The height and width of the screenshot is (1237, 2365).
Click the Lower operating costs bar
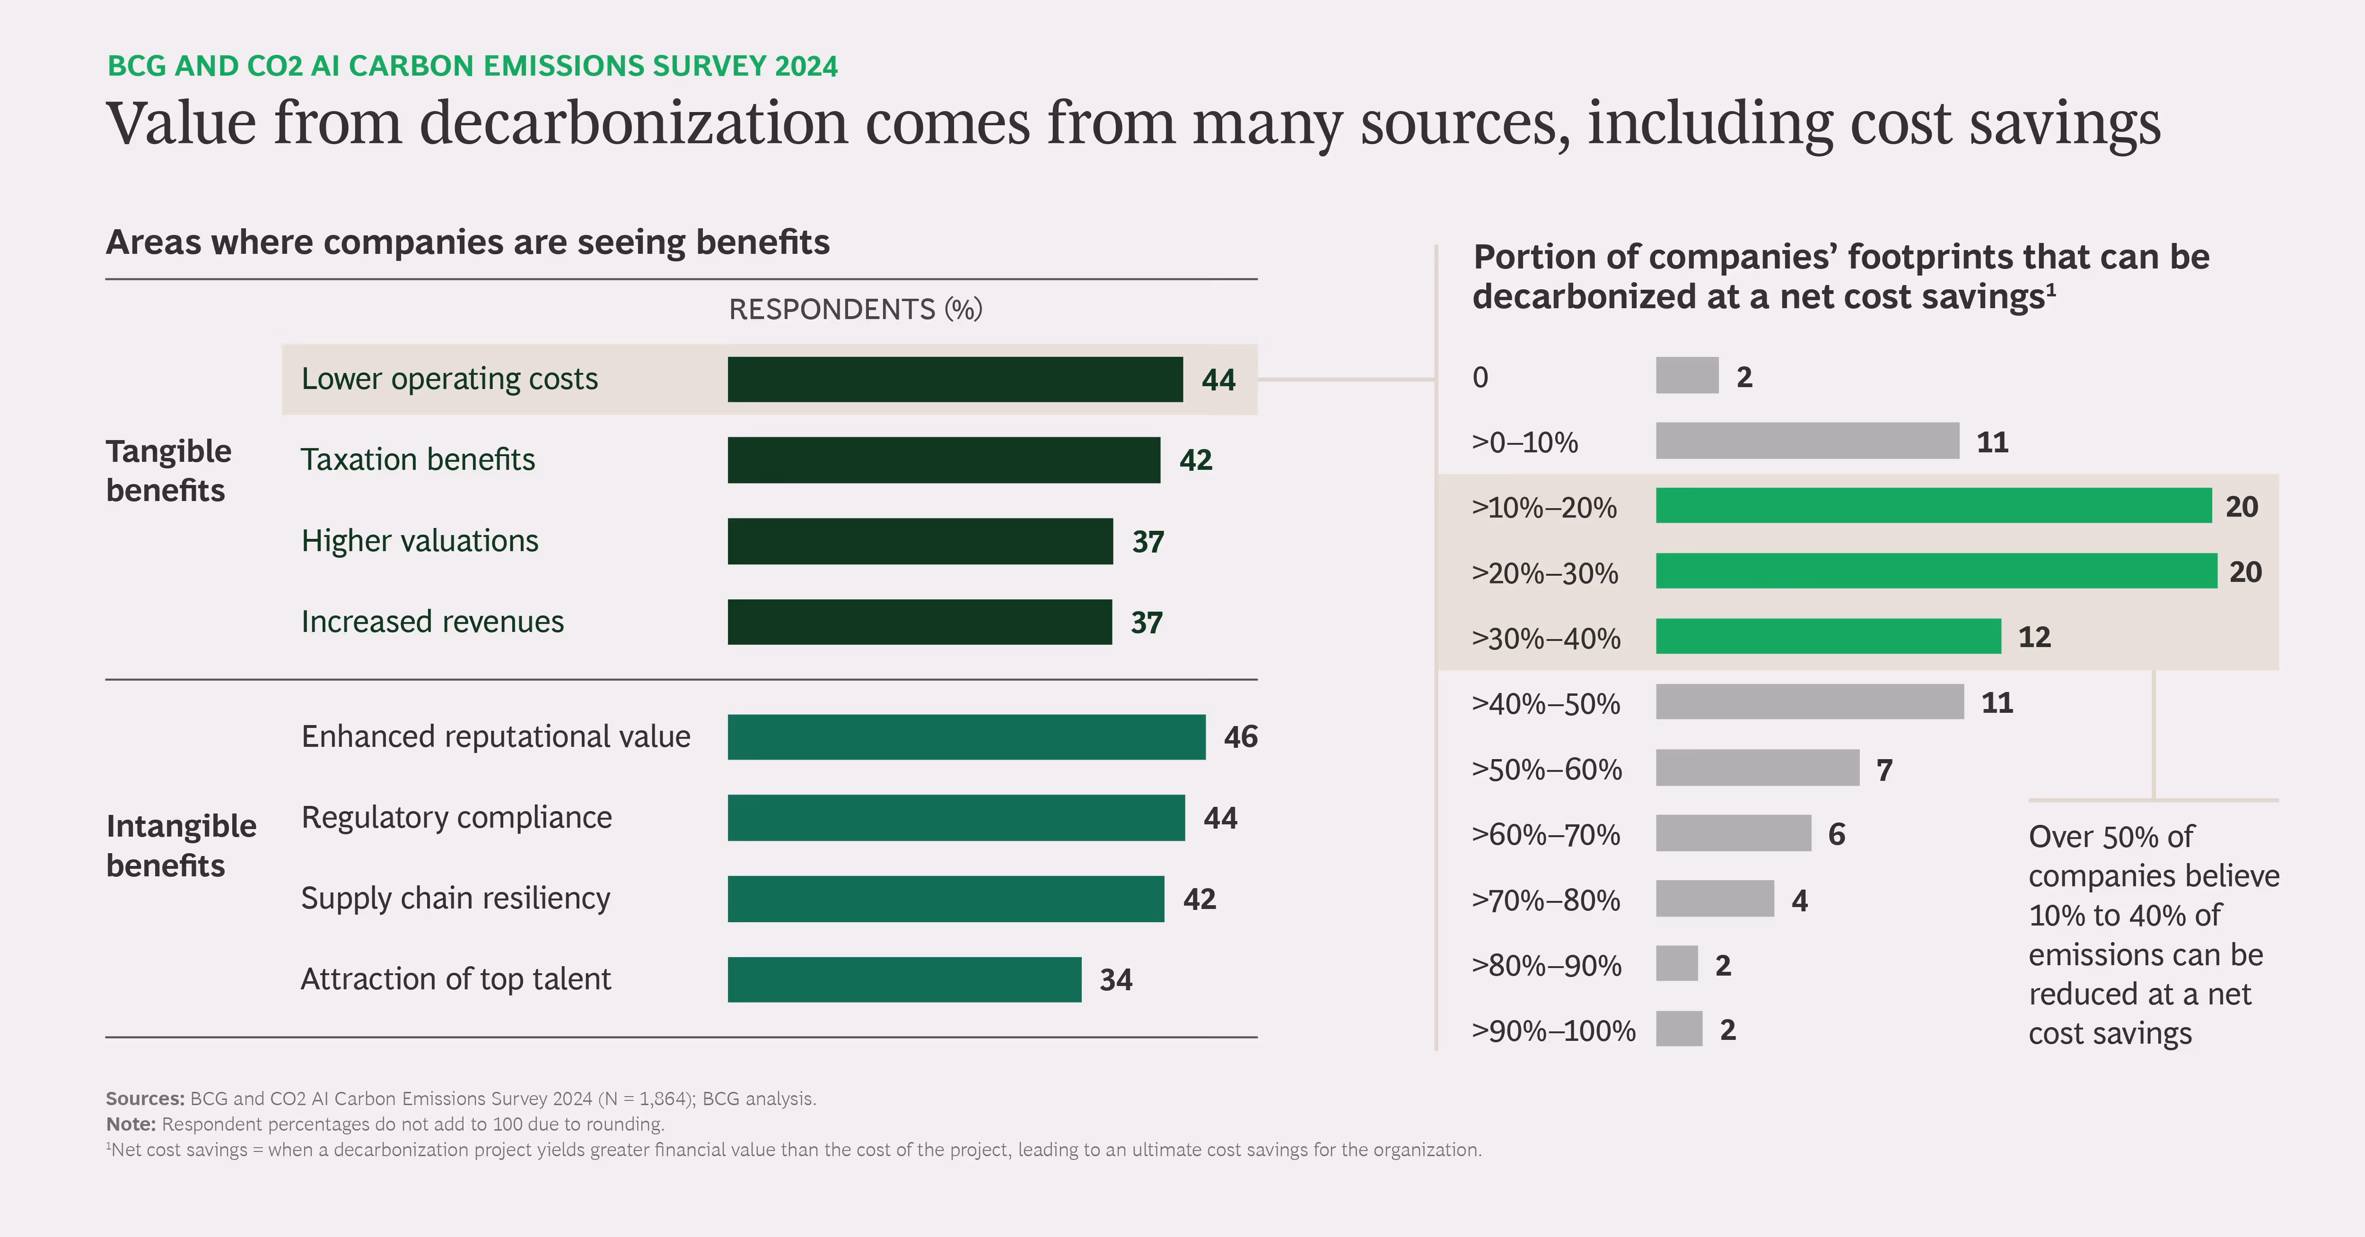955,379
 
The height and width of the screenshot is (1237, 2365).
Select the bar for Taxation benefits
944,460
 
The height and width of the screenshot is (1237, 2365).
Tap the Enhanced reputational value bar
966,737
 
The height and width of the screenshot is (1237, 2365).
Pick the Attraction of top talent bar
904,979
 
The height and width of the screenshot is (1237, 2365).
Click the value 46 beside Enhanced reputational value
1240,737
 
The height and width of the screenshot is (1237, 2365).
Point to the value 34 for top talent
1115,980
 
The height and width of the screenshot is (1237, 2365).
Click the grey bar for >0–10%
1807,441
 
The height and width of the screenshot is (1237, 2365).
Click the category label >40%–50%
1546,704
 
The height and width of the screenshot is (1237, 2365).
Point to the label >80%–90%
1546,965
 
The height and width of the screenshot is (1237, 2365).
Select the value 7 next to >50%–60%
1884,770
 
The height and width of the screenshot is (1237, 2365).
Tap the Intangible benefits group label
181,845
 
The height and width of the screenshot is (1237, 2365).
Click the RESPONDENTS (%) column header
855,309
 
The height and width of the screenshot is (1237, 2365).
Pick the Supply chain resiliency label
455,899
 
